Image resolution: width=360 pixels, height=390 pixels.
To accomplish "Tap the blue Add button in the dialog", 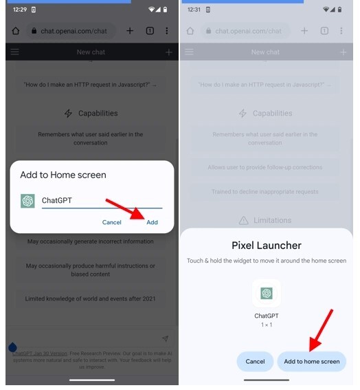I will coord(152,222).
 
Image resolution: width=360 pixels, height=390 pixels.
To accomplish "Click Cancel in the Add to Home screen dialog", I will coord(112,222).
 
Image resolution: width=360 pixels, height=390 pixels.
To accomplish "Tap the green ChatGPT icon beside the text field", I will coord(27,201).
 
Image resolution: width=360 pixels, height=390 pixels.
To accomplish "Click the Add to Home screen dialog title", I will coord(63,175).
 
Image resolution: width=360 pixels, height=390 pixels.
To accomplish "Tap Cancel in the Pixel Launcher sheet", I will coord(255,361).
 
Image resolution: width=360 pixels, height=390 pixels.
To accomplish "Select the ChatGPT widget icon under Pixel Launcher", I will coord(267,293).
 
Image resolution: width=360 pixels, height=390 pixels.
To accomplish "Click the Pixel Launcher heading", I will coord(267,245).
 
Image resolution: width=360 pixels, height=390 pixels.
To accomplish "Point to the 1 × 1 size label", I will coord(267,325).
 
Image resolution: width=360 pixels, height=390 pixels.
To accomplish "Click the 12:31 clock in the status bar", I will coord(193,10).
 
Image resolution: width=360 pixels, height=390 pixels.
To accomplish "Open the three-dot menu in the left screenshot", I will coord(167,31).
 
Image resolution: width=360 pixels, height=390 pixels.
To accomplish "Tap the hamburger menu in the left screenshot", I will coord(15,52).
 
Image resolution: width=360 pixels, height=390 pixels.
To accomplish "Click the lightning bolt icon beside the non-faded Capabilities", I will coord(68,113).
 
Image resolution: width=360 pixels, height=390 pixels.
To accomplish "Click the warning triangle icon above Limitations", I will coord(243,221).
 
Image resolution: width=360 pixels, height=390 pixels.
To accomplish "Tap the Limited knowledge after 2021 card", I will coord(91,299).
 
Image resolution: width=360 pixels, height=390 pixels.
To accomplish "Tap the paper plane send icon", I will coord(165,338).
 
